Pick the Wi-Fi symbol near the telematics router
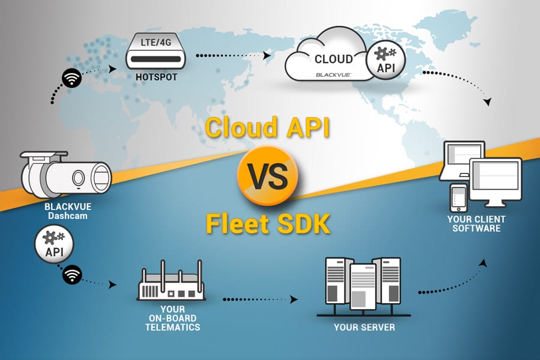click(x=72, y=274)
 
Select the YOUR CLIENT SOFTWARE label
click(x=477, y=223)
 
